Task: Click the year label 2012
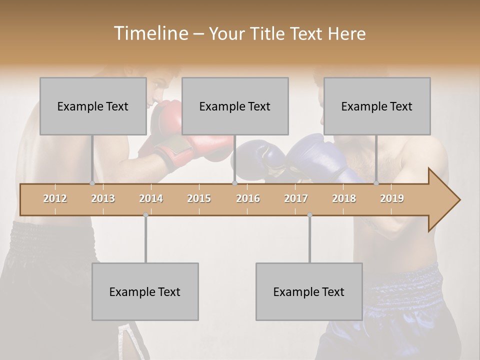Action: (x=55, y=198)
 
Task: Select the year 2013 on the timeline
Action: (x=103, y=198)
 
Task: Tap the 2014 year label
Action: (x=151, y=198)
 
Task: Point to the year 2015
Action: (x=199, y=198)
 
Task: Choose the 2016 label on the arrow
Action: (x=248, y=198)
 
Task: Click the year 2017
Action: (x=296, y=198)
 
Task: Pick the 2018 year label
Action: (x=344, y=198)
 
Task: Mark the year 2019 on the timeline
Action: (x=392, y=198)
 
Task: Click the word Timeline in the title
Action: (x=150, y=33)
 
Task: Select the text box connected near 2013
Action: (x=93, y=106)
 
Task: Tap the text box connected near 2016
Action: (x=235, y=106)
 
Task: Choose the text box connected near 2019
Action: (x=377, y=106)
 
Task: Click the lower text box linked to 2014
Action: (x=145, y=291)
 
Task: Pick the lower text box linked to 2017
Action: (x=309, y=291)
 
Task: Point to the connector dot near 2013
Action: (x=92, y=183)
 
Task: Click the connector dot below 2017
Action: (x=309, y=215)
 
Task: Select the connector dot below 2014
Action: (x=145, y=215)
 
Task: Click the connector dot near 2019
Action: (x=376, y=183)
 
